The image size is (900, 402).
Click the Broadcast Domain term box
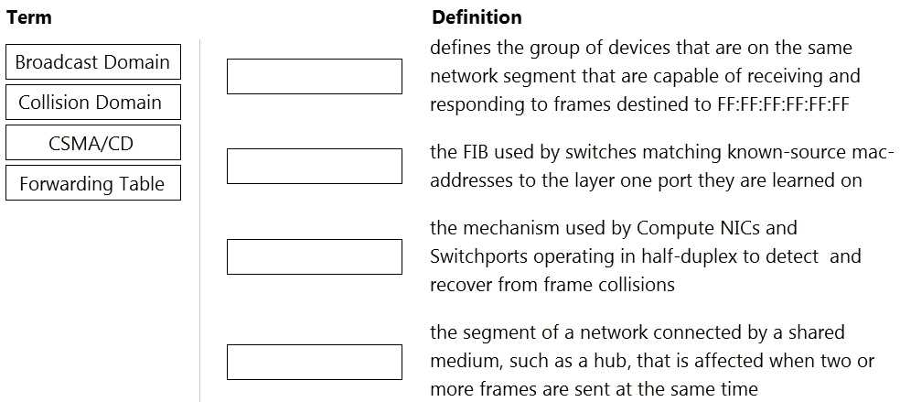pos(93,62)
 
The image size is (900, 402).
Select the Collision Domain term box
pos(93,103)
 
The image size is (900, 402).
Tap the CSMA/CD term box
pos(93,143)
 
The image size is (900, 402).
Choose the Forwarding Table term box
pos(93,182)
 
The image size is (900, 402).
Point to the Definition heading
pos(477,17)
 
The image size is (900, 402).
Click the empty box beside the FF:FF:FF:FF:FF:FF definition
pos(315,76)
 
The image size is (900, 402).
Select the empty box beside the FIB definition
pos(315,166)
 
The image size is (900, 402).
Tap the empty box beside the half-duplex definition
pos(315,256)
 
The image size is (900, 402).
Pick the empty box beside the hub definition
pos(315,362)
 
